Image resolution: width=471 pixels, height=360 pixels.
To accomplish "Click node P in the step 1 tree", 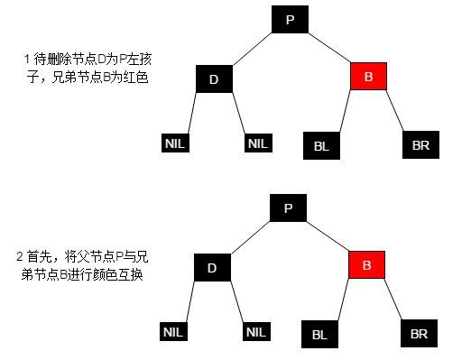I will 289,19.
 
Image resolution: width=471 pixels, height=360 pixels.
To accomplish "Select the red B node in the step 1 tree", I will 368,78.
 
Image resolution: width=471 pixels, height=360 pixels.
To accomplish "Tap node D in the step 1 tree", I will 214,78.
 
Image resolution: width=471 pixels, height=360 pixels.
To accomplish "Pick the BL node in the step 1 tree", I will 320,143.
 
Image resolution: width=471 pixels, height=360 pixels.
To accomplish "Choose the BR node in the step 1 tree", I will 420,143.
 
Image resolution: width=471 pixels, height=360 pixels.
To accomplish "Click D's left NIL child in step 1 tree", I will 174,143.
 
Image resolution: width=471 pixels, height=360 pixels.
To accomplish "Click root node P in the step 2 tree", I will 289,208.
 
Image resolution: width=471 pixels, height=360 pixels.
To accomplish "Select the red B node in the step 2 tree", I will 367,266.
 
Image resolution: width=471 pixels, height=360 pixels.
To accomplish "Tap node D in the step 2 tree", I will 213,267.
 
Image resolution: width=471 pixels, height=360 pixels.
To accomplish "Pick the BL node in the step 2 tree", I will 319,333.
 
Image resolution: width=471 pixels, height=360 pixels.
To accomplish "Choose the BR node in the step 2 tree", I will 419,333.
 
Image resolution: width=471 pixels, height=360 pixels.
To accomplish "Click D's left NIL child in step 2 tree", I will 174,332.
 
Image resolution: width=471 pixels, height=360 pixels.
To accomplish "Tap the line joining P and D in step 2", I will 251,238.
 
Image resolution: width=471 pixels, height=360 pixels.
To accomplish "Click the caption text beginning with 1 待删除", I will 87,69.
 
